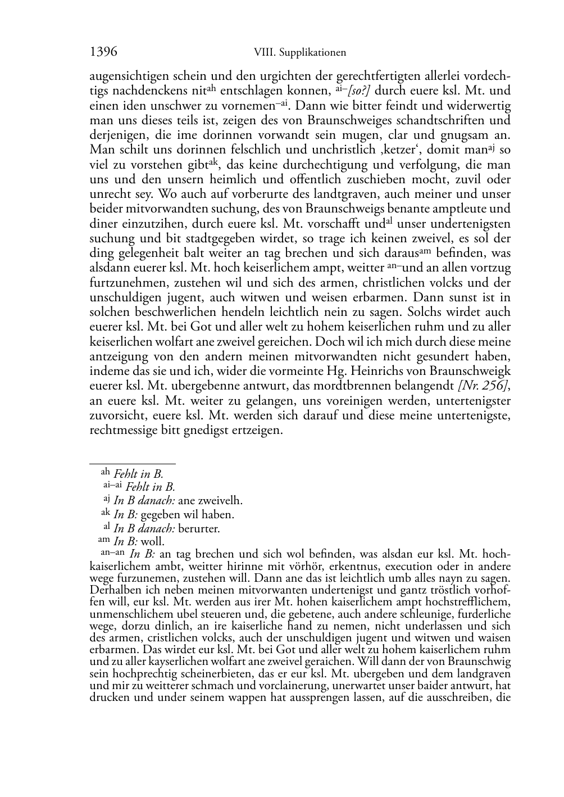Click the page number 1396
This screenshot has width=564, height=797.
click(103, 52)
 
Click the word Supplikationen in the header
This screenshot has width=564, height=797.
click(312, 53)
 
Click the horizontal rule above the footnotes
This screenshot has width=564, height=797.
click(133, 464)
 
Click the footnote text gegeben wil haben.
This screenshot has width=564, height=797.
click(187, 514)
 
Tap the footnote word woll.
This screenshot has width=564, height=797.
click(152, 542)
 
